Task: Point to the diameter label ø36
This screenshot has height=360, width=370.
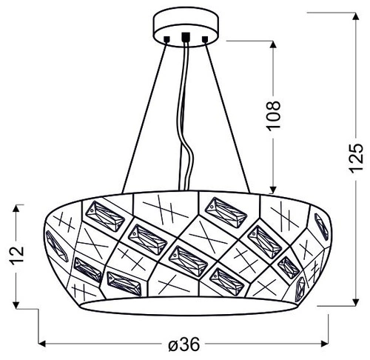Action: coord(184,345)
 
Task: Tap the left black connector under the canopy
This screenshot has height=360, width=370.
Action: coord(168,37)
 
